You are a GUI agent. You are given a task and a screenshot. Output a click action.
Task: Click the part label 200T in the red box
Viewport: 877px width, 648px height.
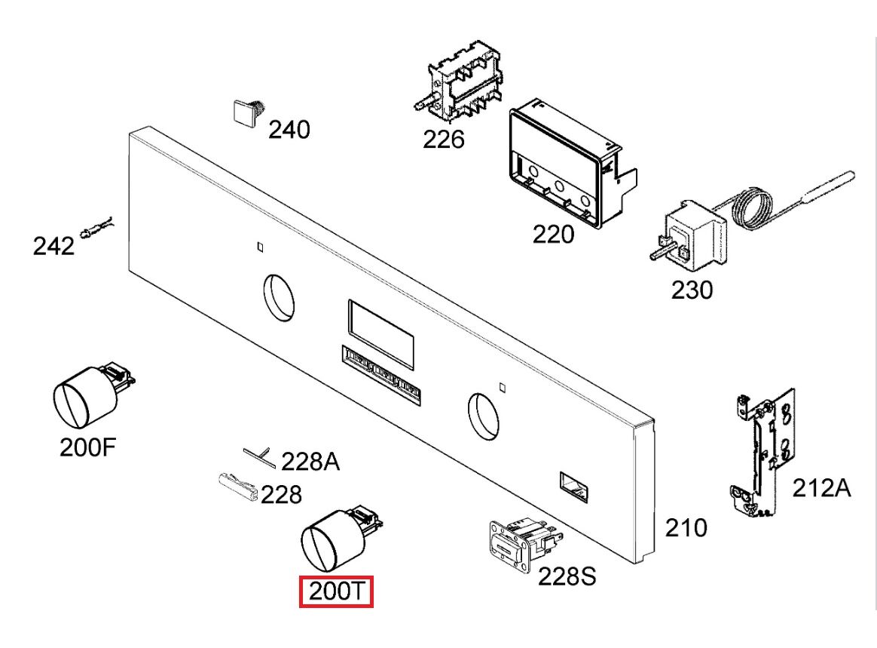336,591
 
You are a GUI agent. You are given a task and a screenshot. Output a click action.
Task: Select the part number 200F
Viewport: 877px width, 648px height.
88,447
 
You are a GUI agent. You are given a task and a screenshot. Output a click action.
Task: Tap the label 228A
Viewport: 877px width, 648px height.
310,462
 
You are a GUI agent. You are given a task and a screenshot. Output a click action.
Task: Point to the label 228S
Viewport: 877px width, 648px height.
567,576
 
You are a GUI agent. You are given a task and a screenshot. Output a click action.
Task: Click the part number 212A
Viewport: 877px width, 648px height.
821,488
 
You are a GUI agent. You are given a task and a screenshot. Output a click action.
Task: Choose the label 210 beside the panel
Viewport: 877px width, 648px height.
686,528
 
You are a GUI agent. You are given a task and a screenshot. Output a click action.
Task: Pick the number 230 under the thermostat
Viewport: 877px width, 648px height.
692,290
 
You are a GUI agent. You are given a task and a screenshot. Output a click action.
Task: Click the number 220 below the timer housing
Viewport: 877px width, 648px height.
553,234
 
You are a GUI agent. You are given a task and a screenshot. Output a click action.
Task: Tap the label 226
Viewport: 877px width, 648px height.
444,140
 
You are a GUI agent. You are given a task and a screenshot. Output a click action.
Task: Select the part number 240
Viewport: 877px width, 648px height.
289,130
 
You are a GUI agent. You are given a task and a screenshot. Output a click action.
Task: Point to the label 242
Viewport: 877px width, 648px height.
53,247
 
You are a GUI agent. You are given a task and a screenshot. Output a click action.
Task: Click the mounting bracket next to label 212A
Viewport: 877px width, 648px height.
763,450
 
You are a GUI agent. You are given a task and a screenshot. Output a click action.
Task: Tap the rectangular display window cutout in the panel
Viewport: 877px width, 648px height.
381,333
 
